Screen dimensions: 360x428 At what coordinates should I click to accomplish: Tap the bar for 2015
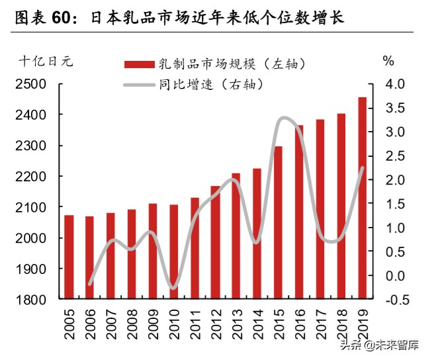point(278,222)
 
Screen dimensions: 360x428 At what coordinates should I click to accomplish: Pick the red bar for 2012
point(215,242)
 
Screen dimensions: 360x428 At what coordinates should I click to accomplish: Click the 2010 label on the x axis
point(174,322)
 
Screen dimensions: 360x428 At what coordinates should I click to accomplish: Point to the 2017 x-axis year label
point(321,322)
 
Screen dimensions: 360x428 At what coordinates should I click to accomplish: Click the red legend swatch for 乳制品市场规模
point(140,64)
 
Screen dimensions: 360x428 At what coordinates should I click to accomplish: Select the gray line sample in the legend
point(140,85)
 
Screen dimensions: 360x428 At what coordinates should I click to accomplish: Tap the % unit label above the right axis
point(388,61)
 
